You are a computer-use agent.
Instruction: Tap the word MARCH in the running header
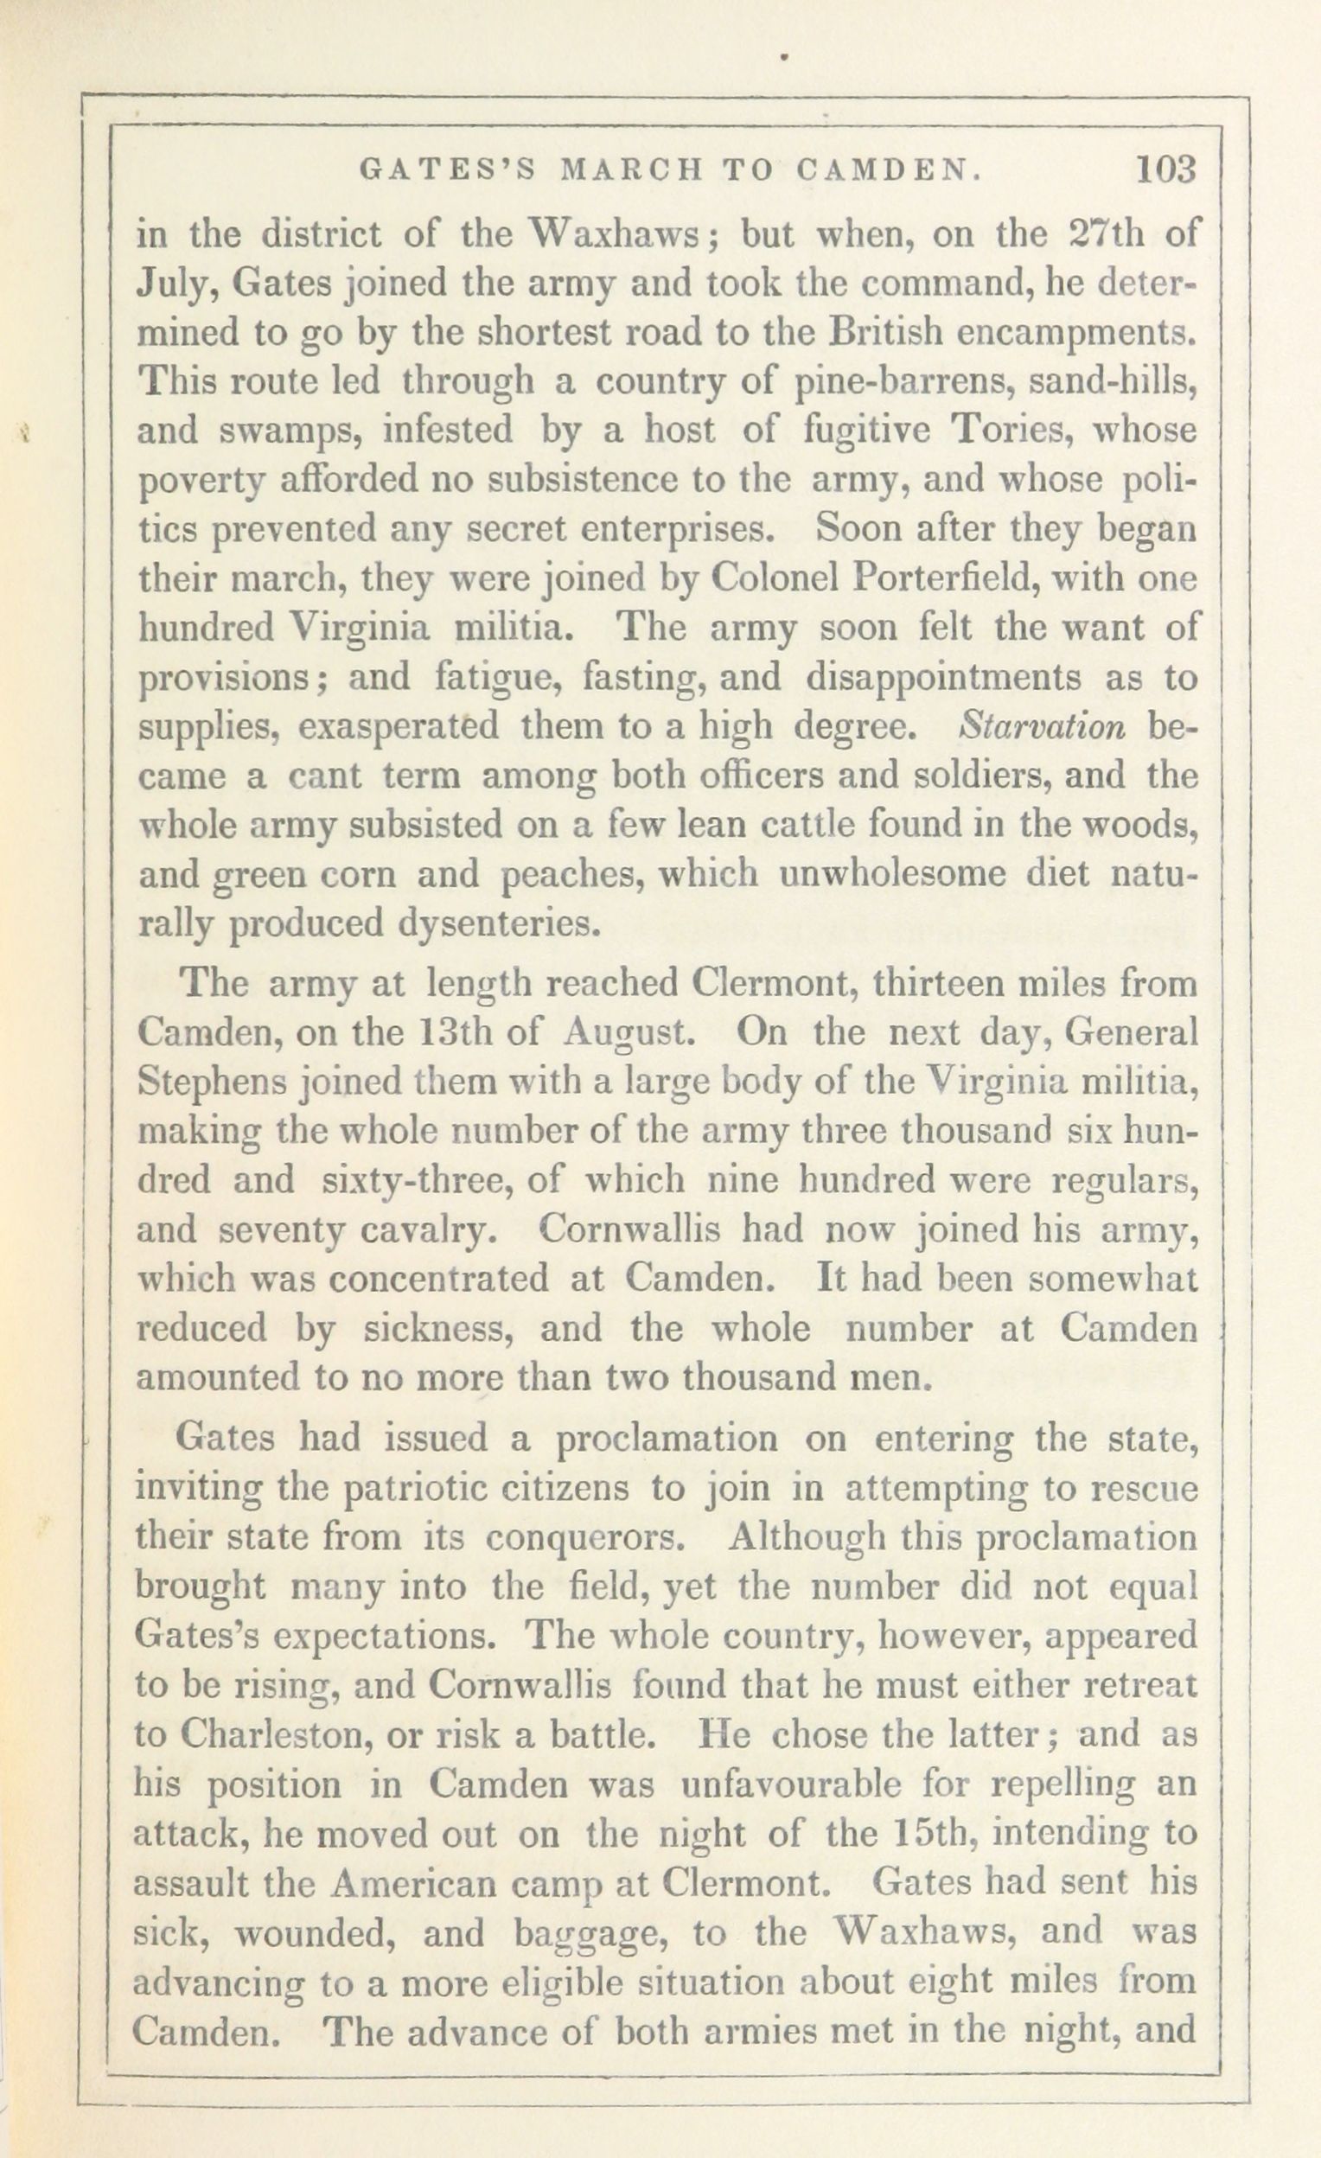click(631, 170)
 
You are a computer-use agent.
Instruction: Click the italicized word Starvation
click(1042, 727)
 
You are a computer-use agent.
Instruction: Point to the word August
click(629, 1033)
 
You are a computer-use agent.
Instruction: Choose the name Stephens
click(212, 1083)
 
